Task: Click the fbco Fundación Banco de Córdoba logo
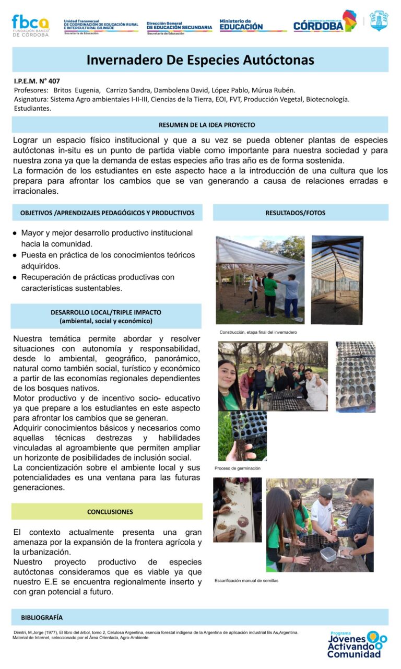coord(30,25)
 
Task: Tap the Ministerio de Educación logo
coord(241,25)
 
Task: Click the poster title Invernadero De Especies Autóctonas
coord(200,60)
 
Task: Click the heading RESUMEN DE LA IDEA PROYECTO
coord(200,125)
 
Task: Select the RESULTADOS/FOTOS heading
coord(300,213)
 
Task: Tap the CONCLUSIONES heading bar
coord(107,512)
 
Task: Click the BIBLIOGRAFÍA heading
coord(42,617)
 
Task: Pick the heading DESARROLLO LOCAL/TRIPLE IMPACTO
coord(106,312)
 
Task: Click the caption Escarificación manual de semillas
coord(246,581)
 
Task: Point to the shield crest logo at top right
coord(379,21)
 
